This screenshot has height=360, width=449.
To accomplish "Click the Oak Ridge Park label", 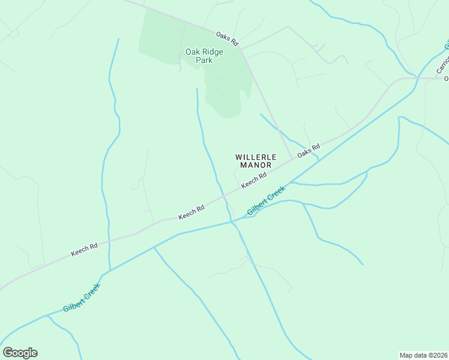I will (204, 56).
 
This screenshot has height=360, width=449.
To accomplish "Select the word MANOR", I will (256, 165).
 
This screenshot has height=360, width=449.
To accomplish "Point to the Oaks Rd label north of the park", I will (228, 40).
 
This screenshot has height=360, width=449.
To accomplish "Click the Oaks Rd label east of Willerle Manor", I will (309, 151).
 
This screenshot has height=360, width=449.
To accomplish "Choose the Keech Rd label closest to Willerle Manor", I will (254, 180).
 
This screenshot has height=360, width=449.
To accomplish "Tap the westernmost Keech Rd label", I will (84, 250).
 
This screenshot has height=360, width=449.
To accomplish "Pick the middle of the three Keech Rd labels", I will (191, 212).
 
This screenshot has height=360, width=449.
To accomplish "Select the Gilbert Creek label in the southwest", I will (82, 298).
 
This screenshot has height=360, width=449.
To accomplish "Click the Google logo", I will (20, 353).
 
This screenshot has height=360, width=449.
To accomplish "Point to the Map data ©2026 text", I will (423, 355).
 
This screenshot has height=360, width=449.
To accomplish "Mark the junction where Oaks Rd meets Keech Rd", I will (292, 159).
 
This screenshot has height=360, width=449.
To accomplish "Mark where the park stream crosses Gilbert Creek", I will (231, 221).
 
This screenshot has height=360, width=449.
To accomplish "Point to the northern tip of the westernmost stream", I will (118, 39).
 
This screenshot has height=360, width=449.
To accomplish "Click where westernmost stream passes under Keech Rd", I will (109, 241).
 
